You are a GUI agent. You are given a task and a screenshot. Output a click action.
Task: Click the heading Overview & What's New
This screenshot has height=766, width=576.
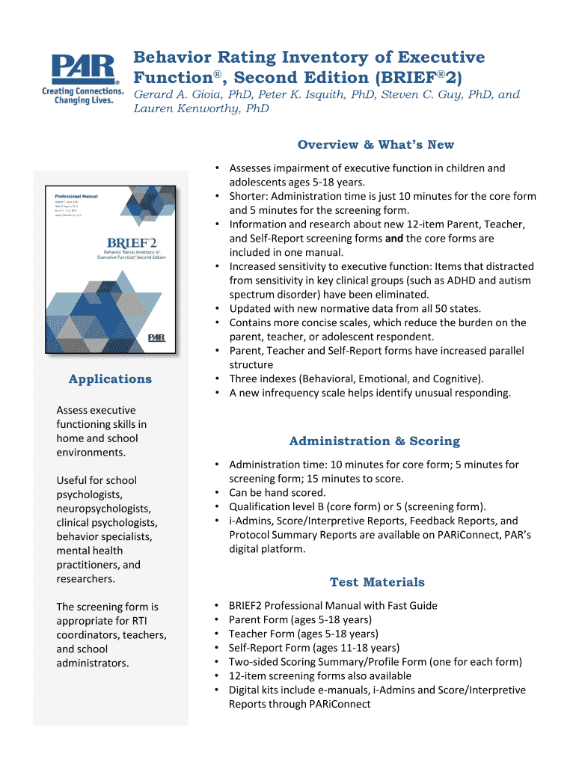pyautogui.click(x=376, y=144)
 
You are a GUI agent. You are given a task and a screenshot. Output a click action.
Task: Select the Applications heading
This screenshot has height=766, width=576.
pyautogui.click(x=110, y=379)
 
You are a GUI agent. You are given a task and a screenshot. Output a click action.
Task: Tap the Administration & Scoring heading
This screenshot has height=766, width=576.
pyautogui.click(x=374, y=441)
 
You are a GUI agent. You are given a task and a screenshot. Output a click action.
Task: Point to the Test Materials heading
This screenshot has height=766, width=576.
pyautogui.click(x=377, y=581)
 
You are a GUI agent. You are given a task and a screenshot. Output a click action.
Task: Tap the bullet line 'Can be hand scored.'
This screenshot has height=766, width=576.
pyautogui.click(x=278, y=492)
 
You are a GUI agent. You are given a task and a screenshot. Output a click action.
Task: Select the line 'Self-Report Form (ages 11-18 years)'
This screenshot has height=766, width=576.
pyautogui.click(x=313, y=648)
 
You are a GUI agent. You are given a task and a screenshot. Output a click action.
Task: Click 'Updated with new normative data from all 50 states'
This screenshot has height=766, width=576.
pyautogui.click(x=355, y=308)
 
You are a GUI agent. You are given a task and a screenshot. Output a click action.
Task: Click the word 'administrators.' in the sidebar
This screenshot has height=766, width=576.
pyautogui.click(x=92, y=663)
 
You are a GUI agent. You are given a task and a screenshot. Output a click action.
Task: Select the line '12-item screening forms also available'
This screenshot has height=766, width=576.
pyautogui.click(x=319, y=675)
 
